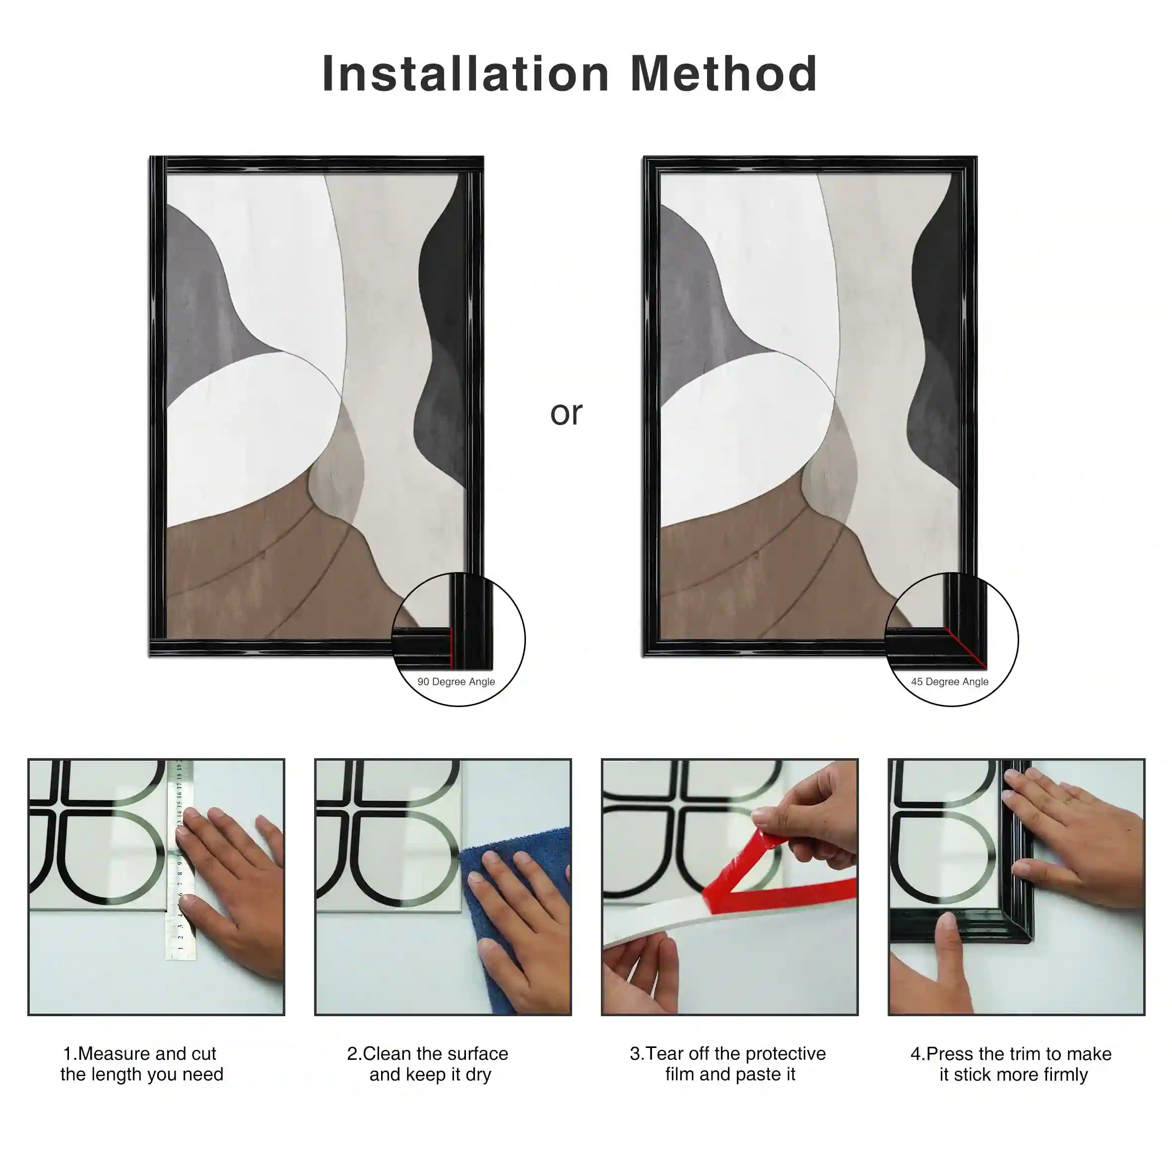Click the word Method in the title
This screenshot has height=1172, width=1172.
click(x=724, y=73)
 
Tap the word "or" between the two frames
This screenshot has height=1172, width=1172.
click(x=566, y=414)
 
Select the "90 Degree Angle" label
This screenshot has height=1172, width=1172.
click(x=456, y=682)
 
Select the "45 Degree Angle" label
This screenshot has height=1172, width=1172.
click(x=950, y=682)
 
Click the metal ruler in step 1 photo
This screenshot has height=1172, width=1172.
click(x=180, y=859)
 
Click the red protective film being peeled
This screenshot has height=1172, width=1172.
click(x=771, y=880)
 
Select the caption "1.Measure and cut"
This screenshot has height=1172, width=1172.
click(x=139, y=1054)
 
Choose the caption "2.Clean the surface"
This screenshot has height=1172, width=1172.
click(x=428, y=1054)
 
